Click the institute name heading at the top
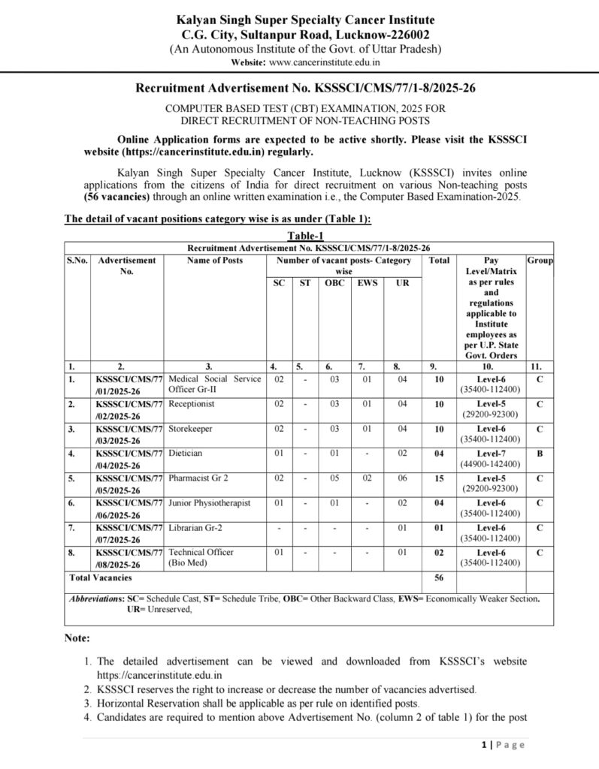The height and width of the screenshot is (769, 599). point(304,20)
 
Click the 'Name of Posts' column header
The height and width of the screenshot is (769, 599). point(215,261)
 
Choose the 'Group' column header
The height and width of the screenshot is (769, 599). point(540,261)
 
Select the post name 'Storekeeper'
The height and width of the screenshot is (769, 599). point(191,428)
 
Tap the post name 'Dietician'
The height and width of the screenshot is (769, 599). point(186,453)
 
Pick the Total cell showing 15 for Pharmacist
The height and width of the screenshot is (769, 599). point(439,478)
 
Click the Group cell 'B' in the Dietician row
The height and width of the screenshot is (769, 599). point(540,453)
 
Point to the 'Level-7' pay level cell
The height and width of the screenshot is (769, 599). point(491,453)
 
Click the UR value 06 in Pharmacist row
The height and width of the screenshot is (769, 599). point(403,478)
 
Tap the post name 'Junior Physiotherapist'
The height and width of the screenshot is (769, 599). point(210,502)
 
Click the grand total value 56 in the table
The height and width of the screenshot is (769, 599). point(439,578)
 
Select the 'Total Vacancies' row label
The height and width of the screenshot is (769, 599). point(100,578)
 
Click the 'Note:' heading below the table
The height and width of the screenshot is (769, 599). point(77,638)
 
